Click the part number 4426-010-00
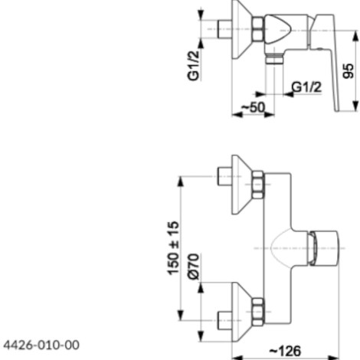click(x=41, y=345)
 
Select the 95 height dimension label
click(x=349, y=71)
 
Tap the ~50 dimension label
click(x=254, y=107)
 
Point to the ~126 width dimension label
click(x=285, y=351)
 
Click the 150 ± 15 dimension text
click(x=173, y=248)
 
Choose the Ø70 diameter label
click(x=193, y=267)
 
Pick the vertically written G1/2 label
click(x=193, y=66)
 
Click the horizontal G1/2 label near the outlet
click(x=306, y=87)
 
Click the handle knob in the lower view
click(x=324, y=248)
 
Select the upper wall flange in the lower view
click(x=242, y=185)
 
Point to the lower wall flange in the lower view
click(x=242, y=312)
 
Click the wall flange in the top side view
click(x=242, y=29)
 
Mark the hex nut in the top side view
click(x=258, y=29)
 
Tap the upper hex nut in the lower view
click(x=258, y=185)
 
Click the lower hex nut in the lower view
click(x=258, y=312)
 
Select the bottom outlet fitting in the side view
click(x=274, y=58)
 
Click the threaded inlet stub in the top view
click(x=224, y=29)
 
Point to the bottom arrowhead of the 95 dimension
click(x=355, y=106)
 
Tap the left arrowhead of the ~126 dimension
click(x=237, y=357)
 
